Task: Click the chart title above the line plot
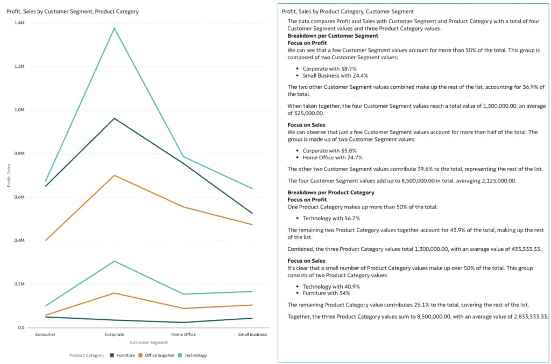click(x=72, y=11)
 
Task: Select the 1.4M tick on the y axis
click(x=19, y=23)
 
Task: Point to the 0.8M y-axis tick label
click(x=19, y=153)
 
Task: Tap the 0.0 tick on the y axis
click(x=20, y=327)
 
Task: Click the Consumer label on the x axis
click(x=45, y=334)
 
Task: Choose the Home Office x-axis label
click(x=183, y=334)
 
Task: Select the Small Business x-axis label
click(x=252, y=334)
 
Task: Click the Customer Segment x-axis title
click(x=149, y=342)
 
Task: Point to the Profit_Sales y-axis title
click(x=9, y=176)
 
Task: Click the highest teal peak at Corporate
click(x=114, y=28)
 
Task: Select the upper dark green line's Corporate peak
click(x=114, y=118)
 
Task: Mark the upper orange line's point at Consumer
click(x=46, y=240)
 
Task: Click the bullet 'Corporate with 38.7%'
click(x=329, y=69)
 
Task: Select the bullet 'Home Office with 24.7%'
click(x=332, y=158)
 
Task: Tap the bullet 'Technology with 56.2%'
click(x=331, y=218)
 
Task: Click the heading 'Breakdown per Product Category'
click(x=330, y=192)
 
